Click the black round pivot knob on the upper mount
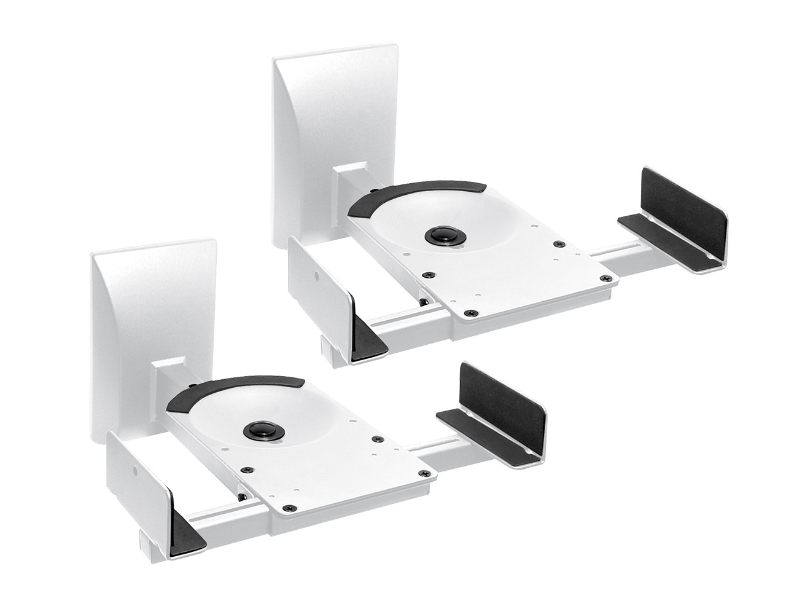(441, 236)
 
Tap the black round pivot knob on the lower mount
(260, 431)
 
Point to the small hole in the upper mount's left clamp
(317, 277)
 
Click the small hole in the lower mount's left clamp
(136, 472)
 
